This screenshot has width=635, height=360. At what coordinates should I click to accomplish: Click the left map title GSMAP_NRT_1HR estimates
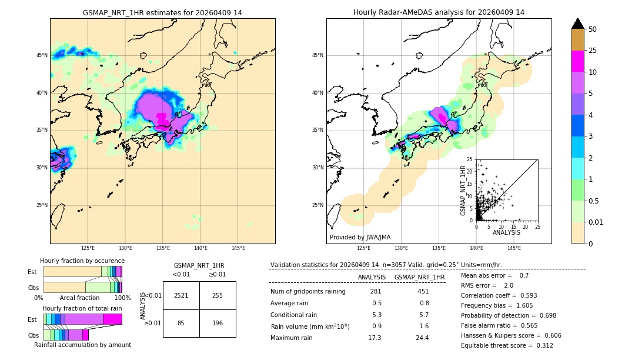tap(162, 12)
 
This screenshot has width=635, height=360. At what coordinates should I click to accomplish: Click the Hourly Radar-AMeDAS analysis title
tap(439, 12)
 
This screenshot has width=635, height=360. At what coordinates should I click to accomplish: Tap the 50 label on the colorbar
tap(593, 29)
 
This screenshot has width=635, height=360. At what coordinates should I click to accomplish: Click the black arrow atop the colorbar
tap(578, 24)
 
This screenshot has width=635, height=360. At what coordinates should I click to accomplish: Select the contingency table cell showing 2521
tap(181, 295)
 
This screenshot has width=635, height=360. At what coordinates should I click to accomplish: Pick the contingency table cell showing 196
tap(218, 323)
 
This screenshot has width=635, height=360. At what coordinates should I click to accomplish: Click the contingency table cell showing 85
tap(181, 323)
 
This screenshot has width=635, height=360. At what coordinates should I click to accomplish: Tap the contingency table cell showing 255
tap(218, 295)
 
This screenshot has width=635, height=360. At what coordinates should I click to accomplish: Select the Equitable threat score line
tap(507, 345)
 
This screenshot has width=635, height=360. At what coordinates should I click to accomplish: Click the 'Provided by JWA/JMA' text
tap(360, 237)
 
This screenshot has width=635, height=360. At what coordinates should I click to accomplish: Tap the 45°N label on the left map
tap(41, 55)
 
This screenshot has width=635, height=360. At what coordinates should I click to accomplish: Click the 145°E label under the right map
tap(514, 248)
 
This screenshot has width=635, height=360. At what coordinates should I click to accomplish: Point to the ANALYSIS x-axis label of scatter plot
tap(506, 232)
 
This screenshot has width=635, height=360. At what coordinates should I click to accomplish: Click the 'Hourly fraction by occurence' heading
tap(82, 261)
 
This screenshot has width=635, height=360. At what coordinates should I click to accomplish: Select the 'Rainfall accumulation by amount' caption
tap(82, 345)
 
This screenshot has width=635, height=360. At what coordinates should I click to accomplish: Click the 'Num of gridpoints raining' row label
tap(308, 291)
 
